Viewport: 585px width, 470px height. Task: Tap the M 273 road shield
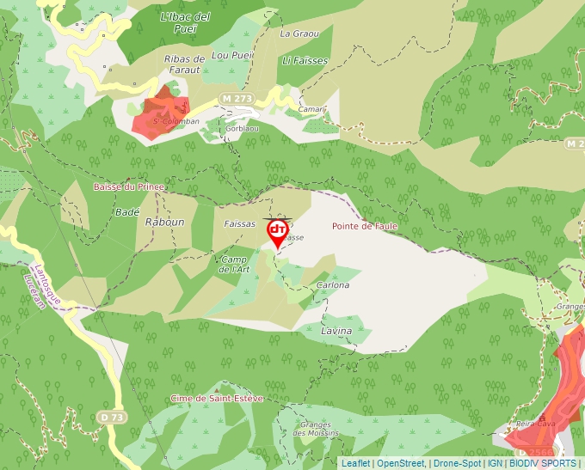[x=237, y=99]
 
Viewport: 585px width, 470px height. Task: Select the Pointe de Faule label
[x=364, y=226]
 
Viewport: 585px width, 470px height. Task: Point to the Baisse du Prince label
[x=128, y=186]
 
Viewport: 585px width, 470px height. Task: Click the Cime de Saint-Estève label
[x=216, y=398]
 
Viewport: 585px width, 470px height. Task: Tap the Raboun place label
[x=165, y=222]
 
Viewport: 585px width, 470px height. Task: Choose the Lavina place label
[x=336, y=330]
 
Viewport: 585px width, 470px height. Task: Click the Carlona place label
[x=333, y=284]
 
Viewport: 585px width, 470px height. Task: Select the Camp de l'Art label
[x=233, y=264]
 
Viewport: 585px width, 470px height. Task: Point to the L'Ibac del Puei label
[x=185, y=22]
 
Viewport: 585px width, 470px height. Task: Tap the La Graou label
[x=299, y=34]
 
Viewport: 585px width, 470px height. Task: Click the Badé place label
[x=126, y=211]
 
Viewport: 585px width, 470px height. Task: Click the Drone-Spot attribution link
[x=457, y=463]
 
